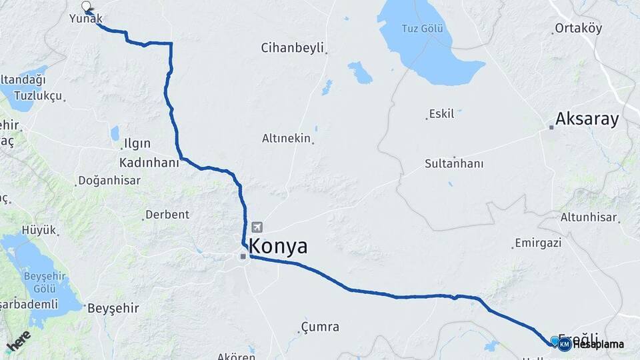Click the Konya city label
279,247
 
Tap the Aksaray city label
587,119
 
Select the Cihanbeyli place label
292,48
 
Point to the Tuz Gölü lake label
422,29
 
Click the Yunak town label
86,19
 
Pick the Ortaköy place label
578,29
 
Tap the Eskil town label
441,114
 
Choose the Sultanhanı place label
454,163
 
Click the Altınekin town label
287,139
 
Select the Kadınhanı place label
149,163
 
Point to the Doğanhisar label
109,181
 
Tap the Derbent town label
167,215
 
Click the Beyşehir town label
113,308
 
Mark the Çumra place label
320,327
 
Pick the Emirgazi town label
538,243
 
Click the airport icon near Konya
257,227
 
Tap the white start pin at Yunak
86,7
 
